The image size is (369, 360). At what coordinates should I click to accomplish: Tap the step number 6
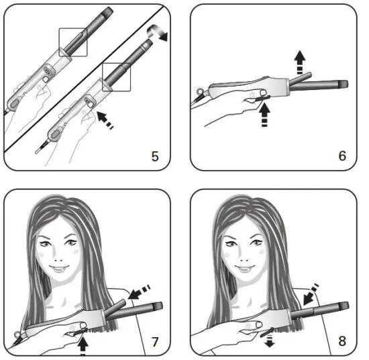[342, 156]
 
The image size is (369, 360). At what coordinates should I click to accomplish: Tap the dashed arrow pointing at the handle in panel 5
[103, 123]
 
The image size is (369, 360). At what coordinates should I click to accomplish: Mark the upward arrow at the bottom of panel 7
[83, 343]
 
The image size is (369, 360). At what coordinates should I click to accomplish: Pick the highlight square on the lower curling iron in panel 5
[115, 79]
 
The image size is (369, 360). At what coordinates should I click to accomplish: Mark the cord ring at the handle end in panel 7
[15, 334]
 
